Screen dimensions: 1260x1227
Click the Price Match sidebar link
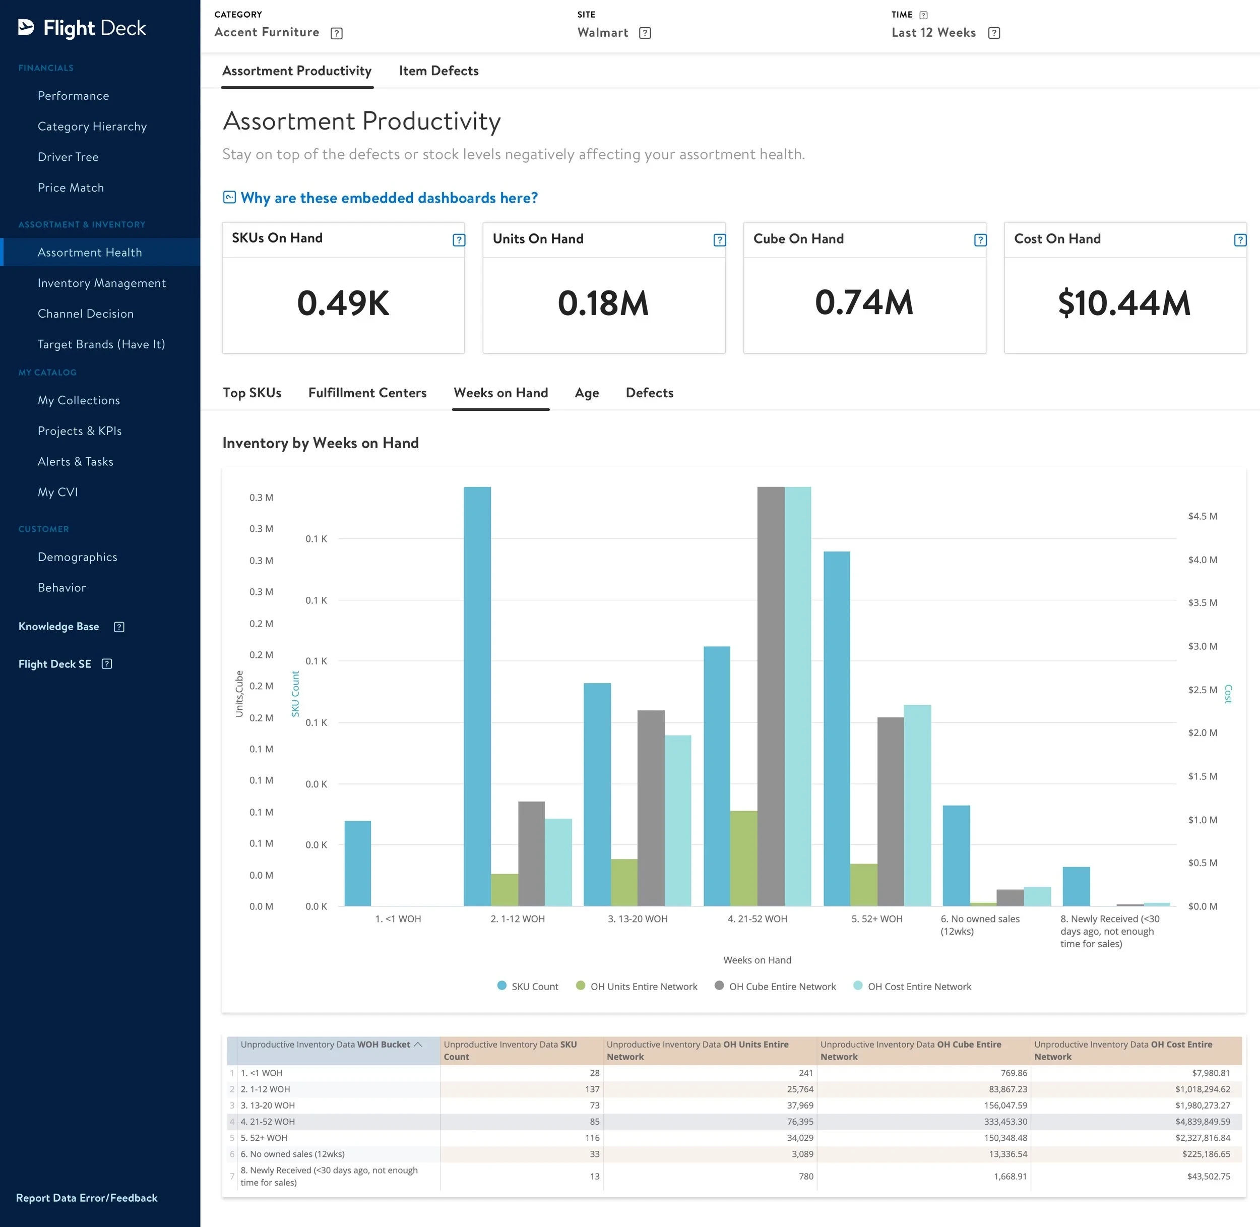click(x=71, y=188)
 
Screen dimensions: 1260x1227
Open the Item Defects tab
click(x=438, y=71)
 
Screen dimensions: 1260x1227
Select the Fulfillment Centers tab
click(x=367, y=393)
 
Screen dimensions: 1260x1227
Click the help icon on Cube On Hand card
click(x=980, y=240)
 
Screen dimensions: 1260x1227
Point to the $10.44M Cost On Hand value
click(x=1124, y=303)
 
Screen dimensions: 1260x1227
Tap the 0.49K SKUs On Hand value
click(x=343, y=303)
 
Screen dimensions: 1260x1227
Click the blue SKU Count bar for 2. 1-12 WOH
click(x=477, y=696)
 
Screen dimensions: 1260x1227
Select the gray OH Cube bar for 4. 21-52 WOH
click(x=771, y=696)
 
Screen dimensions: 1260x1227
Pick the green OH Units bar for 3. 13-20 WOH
click(x=624, y=882)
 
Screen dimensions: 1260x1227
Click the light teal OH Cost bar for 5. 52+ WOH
click(x=917, y=806)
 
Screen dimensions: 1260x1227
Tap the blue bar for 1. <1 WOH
click(x=357, y=864)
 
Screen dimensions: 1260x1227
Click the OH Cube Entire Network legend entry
click(x=776, y=987)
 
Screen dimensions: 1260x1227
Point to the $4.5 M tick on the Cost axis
click(x=1203, y=516)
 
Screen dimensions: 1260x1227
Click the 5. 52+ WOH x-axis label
click(x=877, y=919)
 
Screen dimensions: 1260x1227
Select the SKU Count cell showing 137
click(x=593, y=1089)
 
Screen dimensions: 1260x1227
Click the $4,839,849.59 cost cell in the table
click(x=1203, y=1121)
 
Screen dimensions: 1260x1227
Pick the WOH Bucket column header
click(x=331, y=1045)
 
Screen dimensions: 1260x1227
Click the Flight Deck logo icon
click(x=26, y=27)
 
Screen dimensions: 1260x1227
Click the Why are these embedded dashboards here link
click(x=389, y=198)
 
